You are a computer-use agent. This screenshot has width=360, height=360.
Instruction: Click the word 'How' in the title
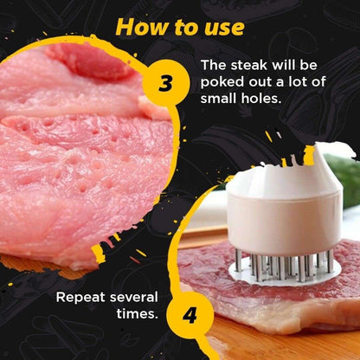pos(142,26)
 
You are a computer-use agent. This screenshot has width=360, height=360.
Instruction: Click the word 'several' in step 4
pos(135,297)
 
